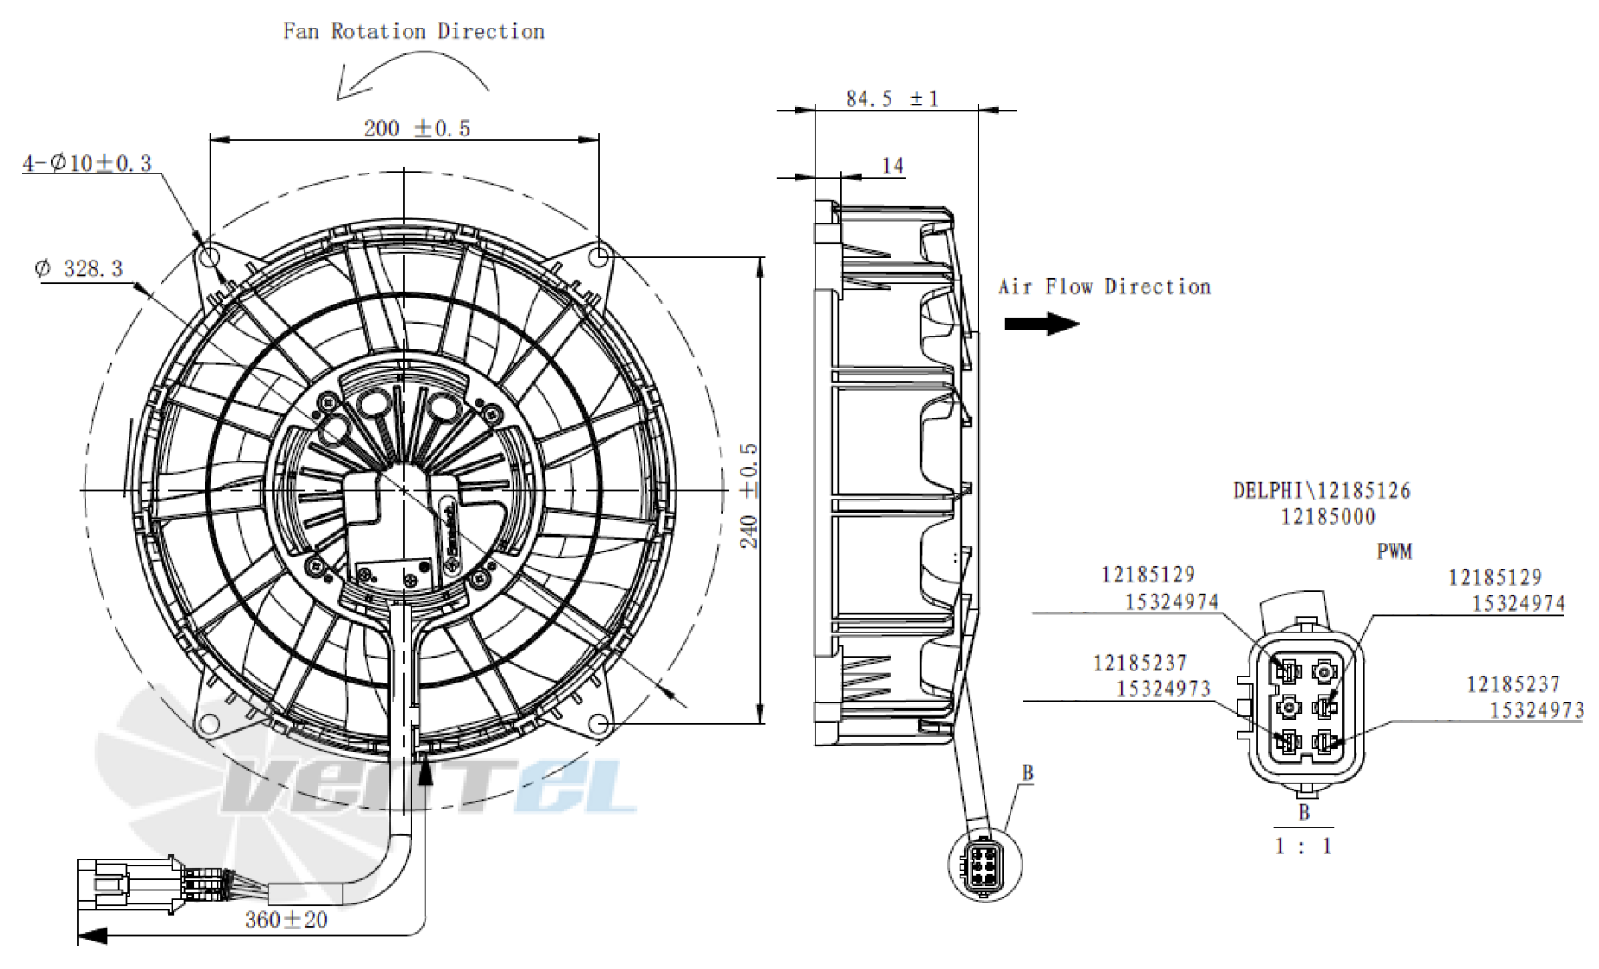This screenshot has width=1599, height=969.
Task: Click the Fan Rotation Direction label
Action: click(x=413, y=32)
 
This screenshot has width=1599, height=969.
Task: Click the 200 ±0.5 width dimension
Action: click(x=417, y=129)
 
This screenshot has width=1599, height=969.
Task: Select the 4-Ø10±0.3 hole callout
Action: click(x=87, y=163)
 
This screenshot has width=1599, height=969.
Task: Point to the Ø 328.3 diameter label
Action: click(x=79, y=268)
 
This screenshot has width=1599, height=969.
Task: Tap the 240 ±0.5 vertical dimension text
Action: click(x=748, y=495)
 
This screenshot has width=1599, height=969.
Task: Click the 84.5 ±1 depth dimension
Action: click(x=891, y=98)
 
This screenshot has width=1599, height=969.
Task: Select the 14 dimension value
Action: click(x=892, y=165)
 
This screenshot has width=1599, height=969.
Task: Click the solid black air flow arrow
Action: click(x=1042, y=324)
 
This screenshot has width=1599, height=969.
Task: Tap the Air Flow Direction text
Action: click(x=1105, y=286)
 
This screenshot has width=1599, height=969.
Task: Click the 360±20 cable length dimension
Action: click(x=286, y=920)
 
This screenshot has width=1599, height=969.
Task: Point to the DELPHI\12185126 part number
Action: click(x=1321, y=491)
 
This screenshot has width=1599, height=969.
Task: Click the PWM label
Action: click(x=1394, y=551)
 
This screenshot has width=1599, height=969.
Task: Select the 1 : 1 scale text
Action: click(x=1303, y=846)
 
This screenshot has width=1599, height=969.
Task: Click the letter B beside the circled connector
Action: click(x=1027, y=772)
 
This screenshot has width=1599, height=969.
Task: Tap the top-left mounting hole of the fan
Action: click(x=210, y=256)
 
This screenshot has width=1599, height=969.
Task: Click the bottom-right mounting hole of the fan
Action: click(x=600, y=723)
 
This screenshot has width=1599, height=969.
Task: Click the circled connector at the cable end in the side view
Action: click(x=985, y=864)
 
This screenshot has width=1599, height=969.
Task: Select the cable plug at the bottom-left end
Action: click(x=129, y=884)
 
